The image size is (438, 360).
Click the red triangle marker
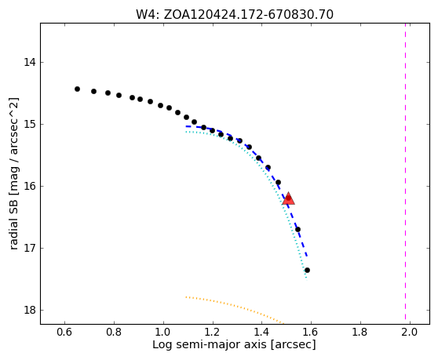288,198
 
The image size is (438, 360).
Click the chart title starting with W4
235,15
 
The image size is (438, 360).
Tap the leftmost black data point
78,89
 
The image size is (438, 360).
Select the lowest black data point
307,270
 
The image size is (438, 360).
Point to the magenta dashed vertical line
405,173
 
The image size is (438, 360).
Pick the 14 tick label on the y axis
30,62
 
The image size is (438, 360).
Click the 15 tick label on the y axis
30,124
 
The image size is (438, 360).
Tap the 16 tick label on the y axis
30,186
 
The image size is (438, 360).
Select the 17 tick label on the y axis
30,248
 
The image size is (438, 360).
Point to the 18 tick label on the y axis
30,310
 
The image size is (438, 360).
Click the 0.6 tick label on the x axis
64,333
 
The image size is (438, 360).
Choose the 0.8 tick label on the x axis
114,333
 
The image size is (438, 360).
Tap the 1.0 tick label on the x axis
163,333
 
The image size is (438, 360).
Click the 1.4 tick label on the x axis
261,333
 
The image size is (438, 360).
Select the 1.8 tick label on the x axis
360,333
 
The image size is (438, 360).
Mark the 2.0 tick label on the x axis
410,333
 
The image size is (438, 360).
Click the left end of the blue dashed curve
186,126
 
